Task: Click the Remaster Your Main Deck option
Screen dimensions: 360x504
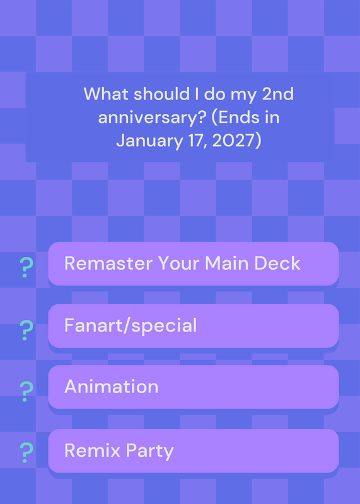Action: click(x=194, y=263)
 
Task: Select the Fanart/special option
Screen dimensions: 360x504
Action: click(x=194, y=326)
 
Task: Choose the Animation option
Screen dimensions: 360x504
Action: click(x=194, y=387)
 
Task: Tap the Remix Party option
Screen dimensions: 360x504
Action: click(x=194, y=450)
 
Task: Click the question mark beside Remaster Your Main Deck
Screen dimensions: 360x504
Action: click(x=26, y=267)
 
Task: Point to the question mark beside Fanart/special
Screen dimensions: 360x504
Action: click(x=26, y=330)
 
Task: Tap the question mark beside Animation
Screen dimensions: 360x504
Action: click(x=26, y=391)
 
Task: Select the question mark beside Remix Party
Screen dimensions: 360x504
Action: click(x=26, y=453)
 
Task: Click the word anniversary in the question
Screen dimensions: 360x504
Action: click(x=151, y=118)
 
